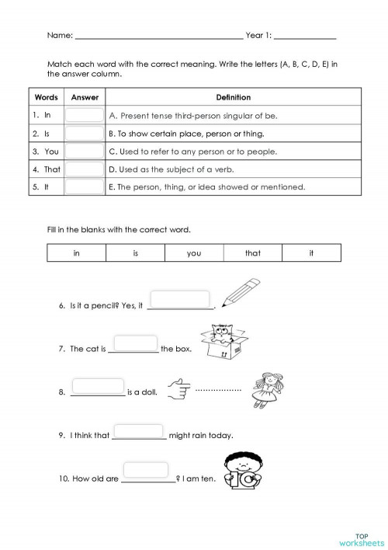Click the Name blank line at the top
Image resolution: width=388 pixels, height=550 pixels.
[158, 37]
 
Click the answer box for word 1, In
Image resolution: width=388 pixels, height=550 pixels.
[85, 115]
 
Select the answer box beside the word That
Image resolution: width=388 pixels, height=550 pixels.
[85, 169]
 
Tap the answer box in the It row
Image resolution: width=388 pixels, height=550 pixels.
[85, 186]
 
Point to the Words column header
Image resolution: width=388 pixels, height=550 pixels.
[47, 98]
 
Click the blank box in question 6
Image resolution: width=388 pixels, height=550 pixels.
[179, 299]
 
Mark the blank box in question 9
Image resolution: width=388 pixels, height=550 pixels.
[139, 430]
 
